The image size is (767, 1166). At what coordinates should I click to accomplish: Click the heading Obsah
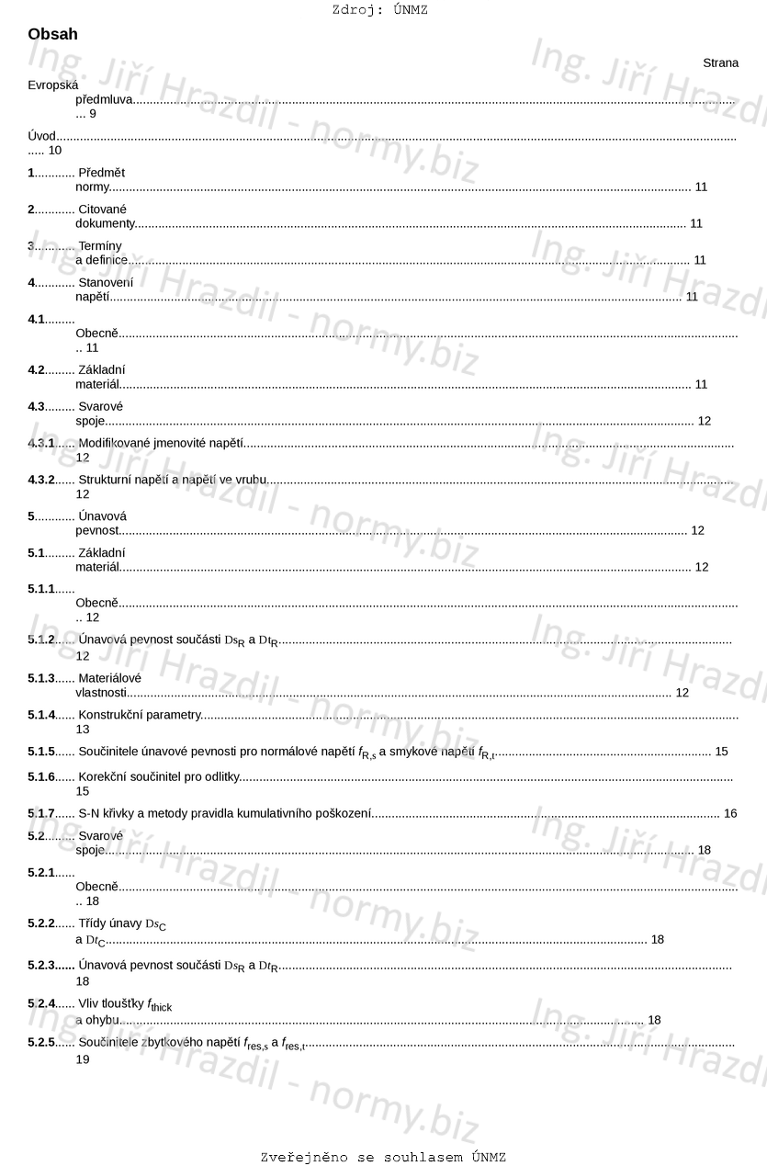[52, 35]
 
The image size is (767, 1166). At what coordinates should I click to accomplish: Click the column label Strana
[720, 62]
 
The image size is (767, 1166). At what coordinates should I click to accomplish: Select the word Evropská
[52, 85]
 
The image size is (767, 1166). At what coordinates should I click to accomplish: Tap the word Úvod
[41, 136]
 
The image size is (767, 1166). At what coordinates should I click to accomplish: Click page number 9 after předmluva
[93, 114]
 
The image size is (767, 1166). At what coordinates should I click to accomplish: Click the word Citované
[102, 209]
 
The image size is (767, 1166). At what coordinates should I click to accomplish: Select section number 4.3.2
[41, 480]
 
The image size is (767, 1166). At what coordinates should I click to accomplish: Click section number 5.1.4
[41, 714]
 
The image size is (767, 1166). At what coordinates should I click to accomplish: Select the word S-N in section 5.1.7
[88, 813]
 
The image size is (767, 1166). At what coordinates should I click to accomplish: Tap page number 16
[730, 813]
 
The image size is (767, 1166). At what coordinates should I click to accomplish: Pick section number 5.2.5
[41, 1043]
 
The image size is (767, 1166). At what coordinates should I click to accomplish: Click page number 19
[83, 1059]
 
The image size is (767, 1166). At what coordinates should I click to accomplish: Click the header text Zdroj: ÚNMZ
[379, 10]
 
